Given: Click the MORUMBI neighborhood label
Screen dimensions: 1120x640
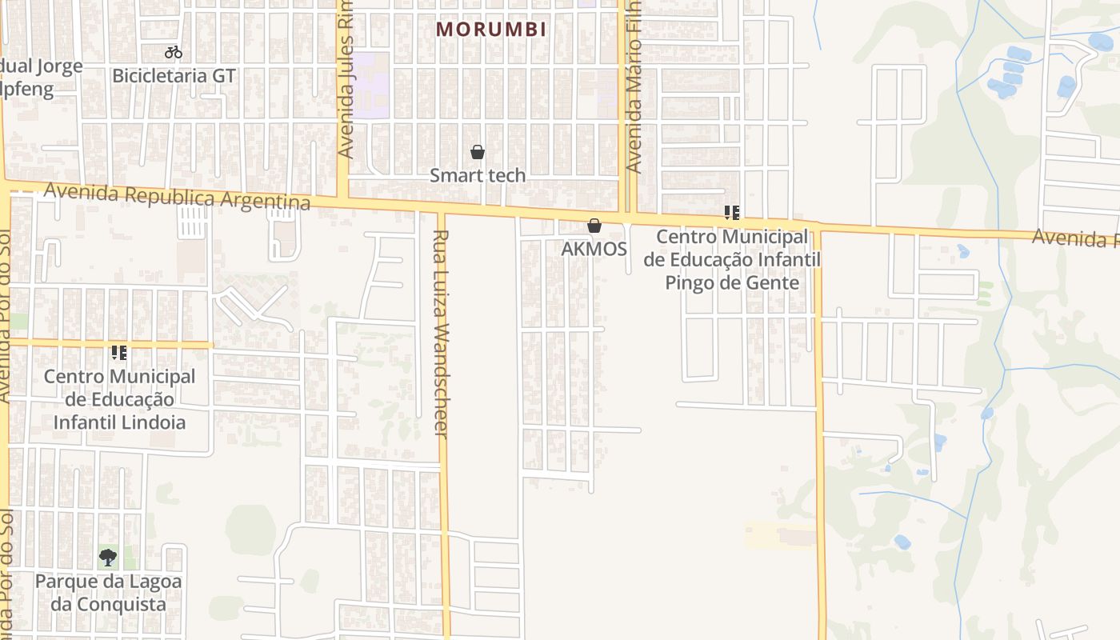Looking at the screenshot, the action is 491,30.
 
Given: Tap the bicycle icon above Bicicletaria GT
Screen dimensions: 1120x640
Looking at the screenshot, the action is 174,53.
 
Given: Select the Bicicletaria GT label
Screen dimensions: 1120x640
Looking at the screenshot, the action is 174,76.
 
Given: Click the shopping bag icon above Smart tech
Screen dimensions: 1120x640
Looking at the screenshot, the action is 478,152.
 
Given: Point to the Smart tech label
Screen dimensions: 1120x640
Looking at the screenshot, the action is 478,175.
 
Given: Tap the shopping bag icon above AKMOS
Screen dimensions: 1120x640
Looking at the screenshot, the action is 594,226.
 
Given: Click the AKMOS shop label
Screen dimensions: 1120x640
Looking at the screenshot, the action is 594,249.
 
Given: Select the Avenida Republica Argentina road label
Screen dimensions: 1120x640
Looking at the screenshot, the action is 178,196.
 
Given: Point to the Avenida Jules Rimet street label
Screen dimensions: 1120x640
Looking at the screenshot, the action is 346,80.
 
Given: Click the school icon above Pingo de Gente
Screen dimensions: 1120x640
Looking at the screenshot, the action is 731,213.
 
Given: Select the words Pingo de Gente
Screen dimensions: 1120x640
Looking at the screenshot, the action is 732,282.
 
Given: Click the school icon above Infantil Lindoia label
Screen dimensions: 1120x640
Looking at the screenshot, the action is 119,352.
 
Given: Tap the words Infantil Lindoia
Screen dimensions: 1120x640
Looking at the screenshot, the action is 119,422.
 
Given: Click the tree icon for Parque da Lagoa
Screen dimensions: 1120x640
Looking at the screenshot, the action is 108,557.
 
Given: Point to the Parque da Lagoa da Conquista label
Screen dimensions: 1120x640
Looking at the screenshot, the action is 108,593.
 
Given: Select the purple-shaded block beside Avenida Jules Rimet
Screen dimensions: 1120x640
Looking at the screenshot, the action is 371,85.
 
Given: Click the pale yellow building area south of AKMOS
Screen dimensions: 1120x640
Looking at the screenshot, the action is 780,534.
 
